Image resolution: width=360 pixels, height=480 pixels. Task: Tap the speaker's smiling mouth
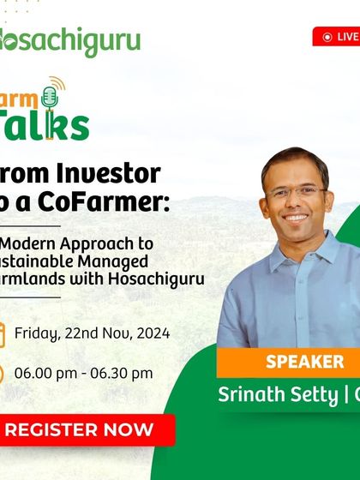click(297, 217)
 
